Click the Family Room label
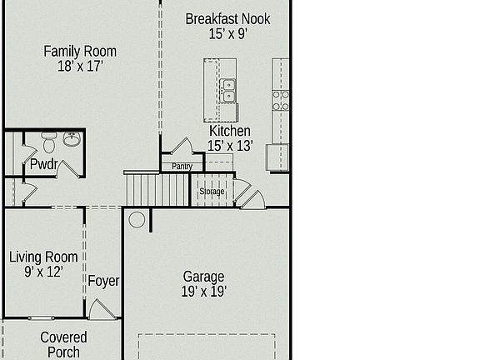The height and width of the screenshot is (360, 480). [x=80, y=52]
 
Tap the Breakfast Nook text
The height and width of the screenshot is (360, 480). [x=227, y=18]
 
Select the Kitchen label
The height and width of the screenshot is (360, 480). [x=229, y=132]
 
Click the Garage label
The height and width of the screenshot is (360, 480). [x=203, y=277]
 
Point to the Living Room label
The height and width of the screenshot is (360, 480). [x=43, y=257]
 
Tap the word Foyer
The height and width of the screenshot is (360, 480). [x=103, y=281]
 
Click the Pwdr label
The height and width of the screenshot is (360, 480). [x=43, y=164]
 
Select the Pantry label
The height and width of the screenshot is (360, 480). [x=182, y=167]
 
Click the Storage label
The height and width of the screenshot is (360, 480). [x=212, y=192]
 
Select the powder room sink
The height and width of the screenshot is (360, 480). [x=72, y=139]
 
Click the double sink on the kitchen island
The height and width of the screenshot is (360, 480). [x=228, y=90]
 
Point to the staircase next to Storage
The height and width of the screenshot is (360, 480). [x=157, y=189]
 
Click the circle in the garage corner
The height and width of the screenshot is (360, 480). [x=137, y=220]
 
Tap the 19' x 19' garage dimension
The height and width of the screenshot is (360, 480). [x=203, y=292]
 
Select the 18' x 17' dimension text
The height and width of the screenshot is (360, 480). [x=80, y=67]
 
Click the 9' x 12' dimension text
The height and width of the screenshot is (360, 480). [x=43, y=272]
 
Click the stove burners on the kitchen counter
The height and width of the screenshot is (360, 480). [x=281, y=100]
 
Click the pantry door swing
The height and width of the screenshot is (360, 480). [x=180, y=147]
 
